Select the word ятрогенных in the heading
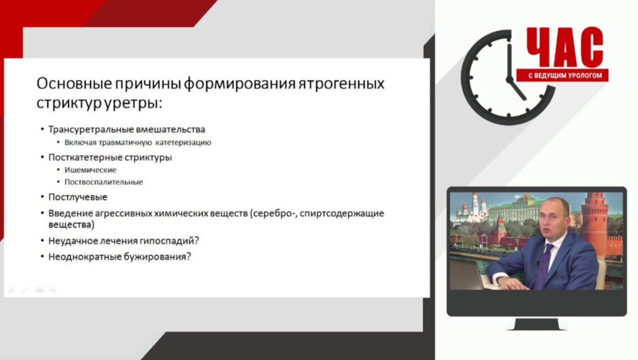click(x=340, y=84)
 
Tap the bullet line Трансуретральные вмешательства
click(x=127, y=130)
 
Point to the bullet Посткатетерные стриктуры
click(x=110, y=157)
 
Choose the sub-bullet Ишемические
click(x=90, y=170)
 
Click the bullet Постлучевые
click(x=78, y=197)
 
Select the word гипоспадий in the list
click(x=169, y=241)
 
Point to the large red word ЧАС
click(x=564, y=48)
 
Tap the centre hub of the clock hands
click(x=509, y=77)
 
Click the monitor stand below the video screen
click(x=536, y=324)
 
